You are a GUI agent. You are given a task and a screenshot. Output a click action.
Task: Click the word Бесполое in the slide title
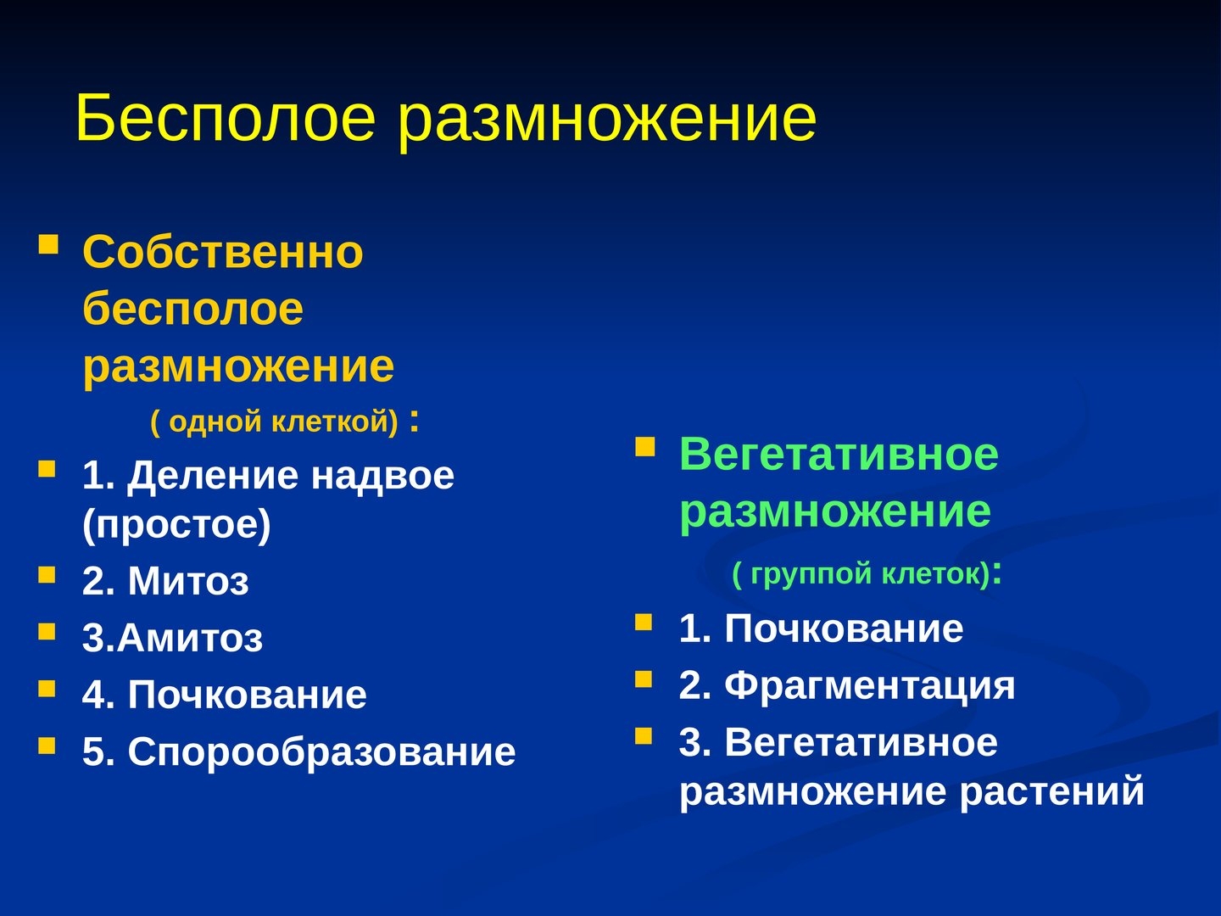tap(226, 118)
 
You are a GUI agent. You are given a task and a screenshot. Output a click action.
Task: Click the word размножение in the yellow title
tap(607, 124)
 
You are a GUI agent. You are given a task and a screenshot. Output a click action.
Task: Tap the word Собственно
tap(222, 252)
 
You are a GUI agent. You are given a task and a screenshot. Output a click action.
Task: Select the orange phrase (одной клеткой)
tap(275, 421)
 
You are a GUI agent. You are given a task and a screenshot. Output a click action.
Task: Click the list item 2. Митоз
tap(165, 581)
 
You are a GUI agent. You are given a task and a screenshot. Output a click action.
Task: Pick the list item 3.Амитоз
tap(172, 637)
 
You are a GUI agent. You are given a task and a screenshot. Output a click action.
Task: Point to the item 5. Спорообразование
tap(298, 752)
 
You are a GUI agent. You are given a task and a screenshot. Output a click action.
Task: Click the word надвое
tap(382, 476)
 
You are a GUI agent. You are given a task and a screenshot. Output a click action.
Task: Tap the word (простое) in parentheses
tap(176, 524)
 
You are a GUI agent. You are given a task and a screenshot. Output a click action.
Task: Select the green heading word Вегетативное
tap(839, 455)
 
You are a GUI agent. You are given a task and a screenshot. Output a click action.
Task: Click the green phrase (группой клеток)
tap(861, 574)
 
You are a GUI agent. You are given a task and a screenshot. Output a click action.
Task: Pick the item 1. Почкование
tap(821, 628)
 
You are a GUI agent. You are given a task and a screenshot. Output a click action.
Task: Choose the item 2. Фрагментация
tap(847, 686)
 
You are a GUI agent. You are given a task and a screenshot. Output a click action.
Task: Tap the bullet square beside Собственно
tap(48, 244)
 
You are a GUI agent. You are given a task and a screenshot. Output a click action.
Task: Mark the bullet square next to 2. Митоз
tap(47, 574)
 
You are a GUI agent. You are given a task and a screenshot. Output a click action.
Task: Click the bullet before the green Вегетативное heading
tap(645, 447)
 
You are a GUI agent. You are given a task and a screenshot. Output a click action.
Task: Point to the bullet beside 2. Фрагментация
tap(644, 679)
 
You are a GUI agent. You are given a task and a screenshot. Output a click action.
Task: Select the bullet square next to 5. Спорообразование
tap(47, 746)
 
